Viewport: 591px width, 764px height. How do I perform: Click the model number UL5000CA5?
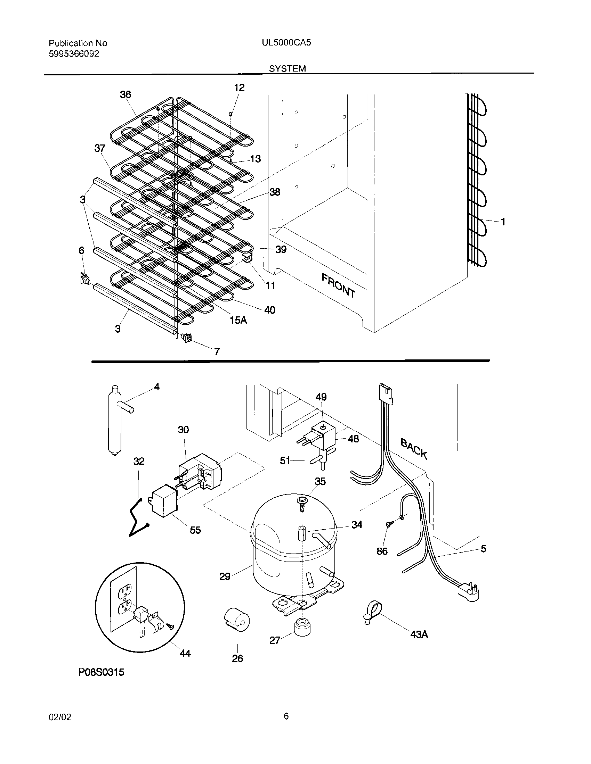coord(286,43)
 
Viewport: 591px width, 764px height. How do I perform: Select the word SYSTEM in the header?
coord(287,68)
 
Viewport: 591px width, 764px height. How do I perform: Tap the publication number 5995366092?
coord(74,54)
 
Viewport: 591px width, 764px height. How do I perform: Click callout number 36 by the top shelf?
coord(125,94)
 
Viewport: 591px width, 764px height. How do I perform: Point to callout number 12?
coord(239,88)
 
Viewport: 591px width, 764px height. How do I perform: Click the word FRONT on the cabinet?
coord(338,285)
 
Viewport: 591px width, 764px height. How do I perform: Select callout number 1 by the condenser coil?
coord(503,222)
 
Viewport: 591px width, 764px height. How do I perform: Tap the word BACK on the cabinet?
coord(414,449)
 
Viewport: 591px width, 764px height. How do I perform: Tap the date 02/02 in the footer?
coord(59,717)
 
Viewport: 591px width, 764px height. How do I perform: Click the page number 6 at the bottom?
coord(286,716)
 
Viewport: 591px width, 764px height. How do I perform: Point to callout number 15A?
coord(238,320)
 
